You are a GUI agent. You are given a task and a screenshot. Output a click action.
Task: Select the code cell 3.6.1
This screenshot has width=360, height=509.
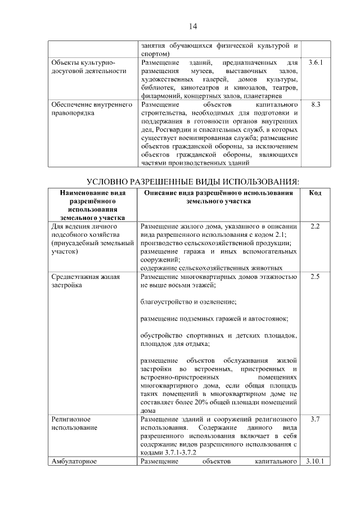pos(316,62)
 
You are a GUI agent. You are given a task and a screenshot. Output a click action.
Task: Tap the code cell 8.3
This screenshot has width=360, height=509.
pos(316,105)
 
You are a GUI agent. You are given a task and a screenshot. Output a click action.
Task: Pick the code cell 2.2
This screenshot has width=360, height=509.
pos(316,226)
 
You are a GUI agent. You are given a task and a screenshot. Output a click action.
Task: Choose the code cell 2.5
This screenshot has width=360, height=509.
pos(316,277)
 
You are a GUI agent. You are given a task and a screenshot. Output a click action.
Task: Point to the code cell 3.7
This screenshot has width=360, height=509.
pos(316,419)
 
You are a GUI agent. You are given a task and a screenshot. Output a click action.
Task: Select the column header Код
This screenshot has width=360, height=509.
pos(316,193)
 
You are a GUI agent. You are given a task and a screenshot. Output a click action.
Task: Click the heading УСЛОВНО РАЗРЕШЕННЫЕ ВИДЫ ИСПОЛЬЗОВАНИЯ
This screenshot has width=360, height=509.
pos(192,181)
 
